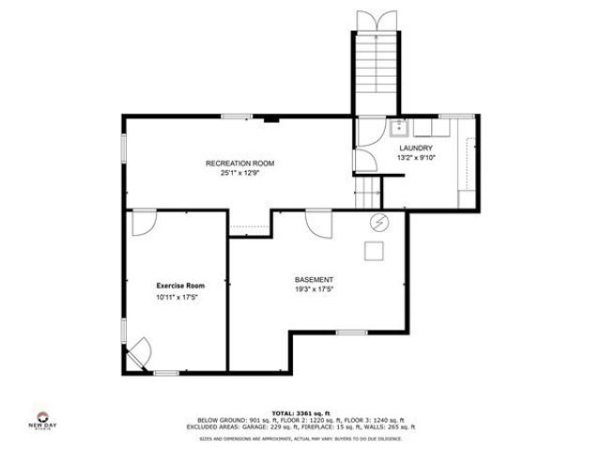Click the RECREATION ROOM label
(239, 163)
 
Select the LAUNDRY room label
(416, 148)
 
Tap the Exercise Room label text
(180, 285)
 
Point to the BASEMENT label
(314, 280)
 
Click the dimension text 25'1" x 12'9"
(239, 173)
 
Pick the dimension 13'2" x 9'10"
(416, 158)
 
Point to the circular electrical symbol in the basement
(379, 222)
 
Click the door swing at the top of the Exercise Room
(145, 222)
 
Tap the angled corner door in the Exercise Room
(138, 351)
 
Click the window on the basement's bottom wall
(351, 332)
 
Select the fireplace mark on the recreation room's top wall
(270, 118)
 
